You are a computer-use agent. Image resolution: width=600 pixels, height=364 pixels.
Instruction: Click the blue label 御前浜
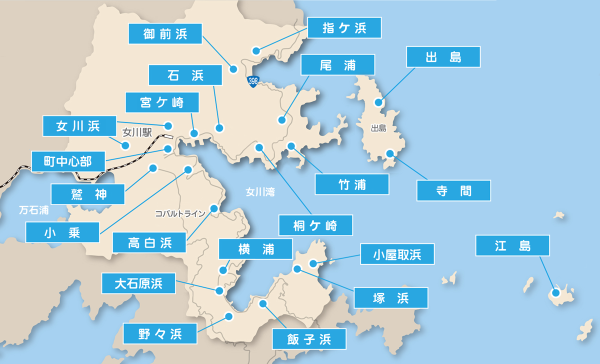pos(165,34)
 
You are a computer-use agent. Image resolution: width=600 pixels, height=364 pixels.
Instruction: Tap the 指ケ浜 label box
pos(344,28)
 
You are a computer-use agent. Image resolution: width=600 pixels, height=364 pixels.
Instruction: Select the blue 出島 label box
pos(443,57)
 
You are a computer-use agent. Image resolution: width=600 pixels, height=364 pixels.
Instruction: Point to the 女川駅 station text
pos(137,133)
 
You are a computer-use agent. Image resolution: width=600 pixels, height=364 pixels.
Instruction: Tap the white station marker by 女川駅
pos(168,136)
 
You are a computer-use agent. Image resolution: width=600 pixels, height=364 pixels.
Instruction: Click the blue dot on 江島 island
pos(555,293)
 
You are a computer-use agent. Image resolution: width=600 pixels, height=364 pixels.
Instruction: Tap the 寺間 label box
pos(453,190)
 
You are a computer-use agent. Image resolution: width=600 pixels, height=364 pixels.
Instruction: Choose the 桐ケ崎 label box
pos(315,225)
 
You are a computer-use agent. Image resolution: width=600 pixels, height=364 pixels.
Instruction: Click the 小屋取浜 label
pos(397,255)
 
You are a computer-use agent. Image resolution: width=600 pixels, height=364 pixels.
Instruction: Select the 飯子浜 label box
pos(308,339)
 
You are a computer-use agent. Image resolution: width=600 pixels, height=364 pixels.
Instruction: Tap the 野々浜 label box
pos(160,332)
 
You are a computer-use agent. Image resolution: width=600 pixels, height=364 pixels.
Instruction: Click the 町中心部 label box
pos(68,161)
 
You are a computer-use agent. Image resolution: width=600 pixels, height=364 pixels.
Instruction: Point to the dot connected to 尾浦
pos(282,120)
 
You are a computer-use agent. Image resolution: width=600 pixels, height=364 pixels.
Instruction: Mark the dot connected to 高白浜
pos(214,208)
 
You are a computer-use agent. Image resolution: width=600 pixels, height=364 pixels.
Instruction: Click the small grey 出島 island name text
pos(378,128)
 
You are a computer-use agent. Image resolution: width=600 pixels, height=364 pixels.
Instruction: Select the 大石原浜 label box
pos(138,283)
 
